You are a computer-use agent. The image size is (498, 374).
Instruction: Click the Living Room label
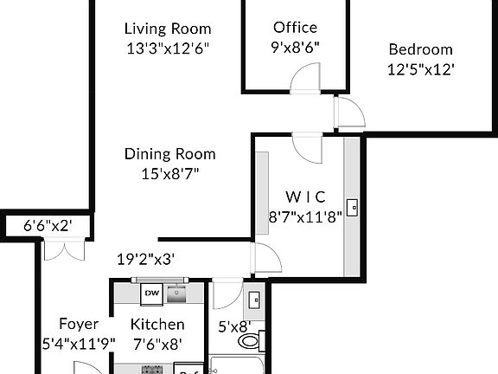(168, 28)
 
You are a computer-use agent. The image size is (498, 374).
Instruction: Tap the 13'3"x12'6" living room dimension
(168, 48)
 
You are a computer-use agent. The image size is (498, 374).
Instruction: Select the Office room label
(295, 28)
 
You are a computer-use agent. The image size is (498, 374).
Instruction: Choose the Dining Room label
(169, 154)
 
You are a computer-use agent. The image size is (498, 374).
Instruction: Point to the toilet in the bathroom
(250, 341)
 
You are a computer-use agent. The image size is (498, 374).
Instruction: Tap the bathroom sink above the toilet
(254, 300)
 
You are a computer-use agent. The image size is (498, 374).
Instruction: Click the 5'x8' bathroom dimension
(233, 326)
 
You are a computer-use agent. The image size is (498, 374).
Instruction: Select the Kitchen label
(157, 325)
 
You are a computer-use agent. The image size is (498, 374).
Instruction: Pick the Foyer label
(77, 325)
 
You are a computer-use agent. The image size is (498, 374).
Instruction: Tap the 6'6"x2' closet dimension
(47, 225)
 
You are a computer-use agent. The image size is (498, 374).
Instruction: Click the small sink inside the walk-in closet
(353, 208)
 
